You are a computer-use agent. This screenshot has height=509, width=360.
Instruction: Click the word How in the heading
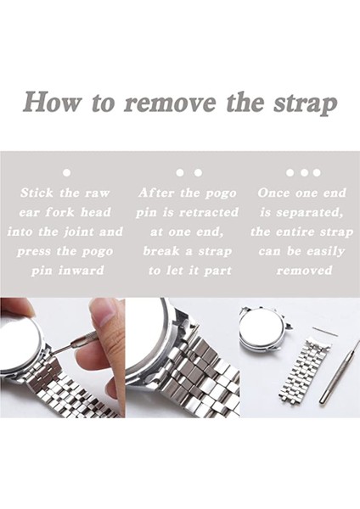coord(52,103)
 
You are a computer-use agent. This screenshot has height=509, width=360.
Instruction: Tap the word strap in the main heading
coord(305,104)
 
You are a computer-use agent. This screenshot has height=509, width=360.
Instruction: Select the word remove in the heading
coord(170,103)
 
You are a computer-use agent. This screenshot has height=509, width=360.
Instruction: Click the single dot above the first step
coord(66,172)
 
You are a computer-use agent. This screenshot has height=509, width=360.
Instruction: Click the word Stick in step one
coord(37,193)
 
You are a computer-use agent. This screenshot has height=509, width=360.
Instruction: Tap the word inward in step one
coord(82,271)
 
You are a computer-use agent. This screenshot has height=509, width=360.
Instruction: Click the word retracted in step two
coord(209,212)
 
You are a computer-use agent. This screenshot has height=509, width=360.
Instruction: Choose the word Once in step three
coord(273,193)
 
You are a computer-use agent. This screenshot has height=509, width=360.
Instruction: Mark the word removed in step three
coord(305,271)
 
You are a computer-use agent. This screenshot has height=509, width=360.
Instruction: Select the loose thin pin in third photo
coord(325,332)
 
